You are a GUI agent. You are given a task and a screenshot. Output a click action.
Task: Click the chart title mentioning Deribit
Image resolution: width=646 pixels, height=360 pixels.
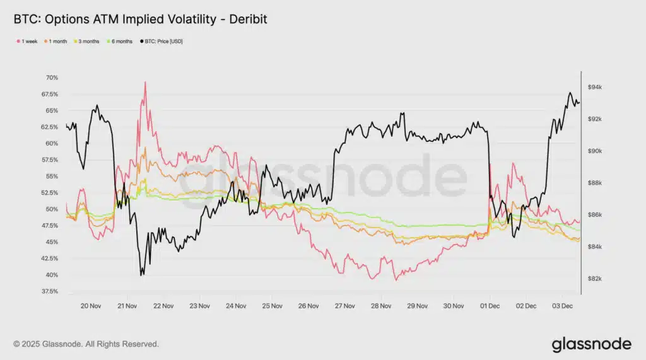pyautogui.click(x=140, y=20)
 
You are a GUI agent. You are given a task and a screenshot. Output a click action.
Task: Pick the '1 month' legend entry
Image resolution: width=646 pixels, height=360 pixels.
pyautogui.click(x=61, y=42)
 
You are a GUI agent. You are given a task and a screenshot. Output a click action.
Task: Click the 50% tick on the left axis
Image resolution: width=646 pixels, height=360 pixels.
pyautogui.click(x=51, y=209)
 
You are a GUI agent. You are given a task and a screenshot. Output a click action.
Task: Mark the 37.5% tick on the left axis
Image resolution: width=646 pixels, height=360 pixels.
pyautogui.click(x=49, y=291)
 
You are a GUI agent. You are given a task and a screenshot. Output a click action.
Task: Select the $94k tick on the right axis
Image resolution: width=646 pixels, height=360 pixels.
pyautogui.click(x=596, y=87)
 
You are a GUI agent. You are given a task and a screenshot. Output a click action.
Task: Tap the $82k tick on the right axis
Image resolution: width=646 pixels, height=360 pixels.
pyautogui.click(x=596, y=279)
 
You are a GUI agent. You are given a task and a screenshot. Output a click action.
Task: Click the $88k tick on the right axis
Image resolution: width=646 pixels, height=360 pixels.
pyautogui.click(x=596, y=183)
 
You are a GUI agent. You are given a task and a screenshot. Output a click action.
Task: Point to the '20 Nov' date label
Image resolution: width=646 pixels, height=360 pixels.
pyautogui.click(x=91, y=306)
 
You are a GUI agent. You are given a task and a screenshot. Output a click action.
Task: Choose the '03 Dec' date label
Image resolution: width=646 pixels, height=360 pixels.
pyautogui.click(x=561, y=306)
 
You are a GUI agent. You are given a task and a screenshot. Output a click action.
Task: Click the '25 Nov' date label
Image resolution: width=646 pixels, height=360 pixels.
pyautogui.click(x=272, y=306)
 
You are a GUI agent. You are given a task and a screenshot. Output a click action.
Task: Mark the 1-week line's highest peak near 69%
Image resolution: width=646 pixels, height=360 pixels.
pyautogui.click(x=145, y=82)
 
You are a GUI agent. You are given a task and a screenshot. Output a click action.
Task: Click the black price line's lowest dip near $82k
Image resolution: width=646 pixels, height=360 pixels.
pyautogui.click(x=141, y=275)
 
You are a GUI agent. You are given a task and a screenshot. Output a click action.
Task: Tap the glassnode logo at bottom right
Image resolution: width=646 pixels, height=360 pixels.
pyautogui.click(x=591, y=344)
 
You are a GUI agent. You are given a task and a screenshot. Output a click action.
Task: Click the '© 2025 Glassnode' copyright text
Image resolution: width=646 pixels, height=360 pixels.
pyautogui.click(x=86, y=344)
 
